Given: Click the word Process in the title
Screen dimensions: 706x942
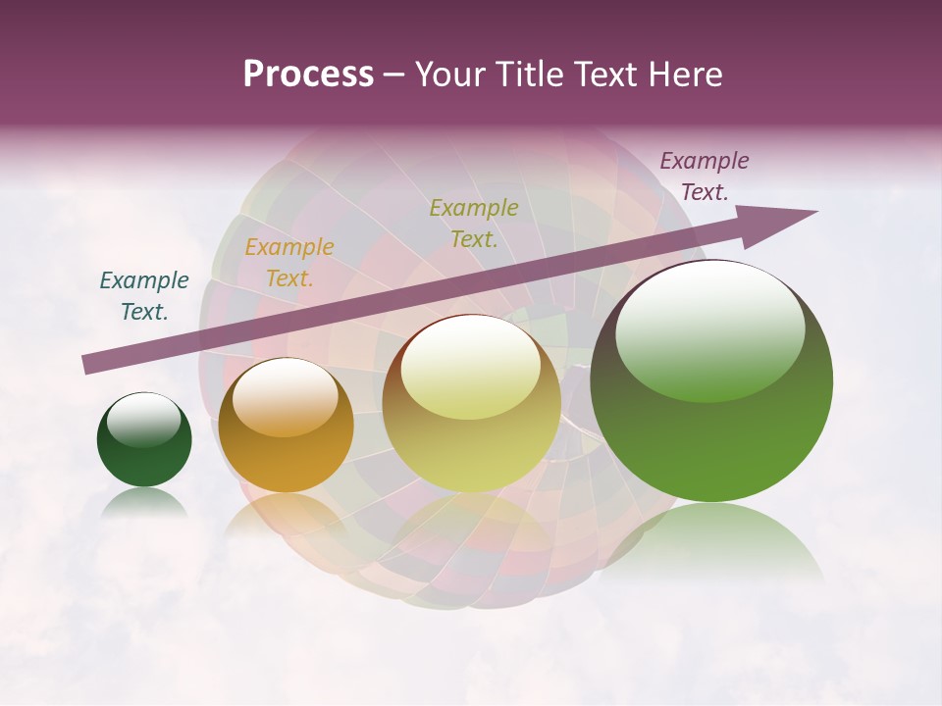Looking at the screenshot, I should click(x=308, y=75).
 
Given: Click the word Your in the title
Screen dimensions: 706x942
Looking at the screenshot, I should click(x=452, y=75).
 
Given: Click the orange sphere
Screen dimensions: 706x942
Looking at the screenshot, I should click(x=286, y=427).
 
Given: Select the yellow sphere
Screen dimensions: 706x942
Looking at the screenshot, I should click(x=472, y=404).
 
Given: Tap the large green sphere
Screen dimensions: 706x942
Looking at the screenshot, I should click(x=711, y=382).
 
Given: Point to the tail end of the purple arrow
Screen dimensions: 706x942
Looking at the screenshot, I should click(x=86, y=365).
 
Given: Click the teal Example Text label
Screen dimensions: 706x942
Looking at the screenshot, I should click(x=144, y=296).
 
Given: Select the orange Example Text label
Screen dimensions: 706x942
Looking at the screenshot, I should click(x=289, y=263).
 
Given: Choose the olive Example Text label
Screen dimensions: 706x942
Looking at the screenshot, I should click(x=474, y=224).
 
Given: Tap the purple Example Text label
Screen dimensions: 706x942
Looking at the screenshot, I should click(x=705, y=176).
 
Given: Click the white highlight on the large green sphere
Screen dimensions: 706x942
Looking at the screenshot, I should click(x=710, y=328).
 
